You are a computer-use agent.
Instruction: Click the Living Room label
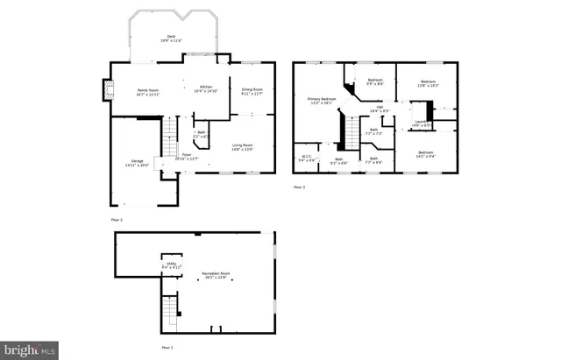point(242,147)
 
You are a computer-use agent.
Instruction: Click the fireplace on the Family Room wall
point(108,89)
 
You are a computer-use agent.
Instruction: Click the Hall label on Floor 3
point(379,109)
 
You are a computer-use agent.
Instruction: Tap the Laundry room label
point(422,124)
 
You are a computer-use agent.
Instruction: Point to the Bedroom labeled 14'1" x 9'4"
point(425,155)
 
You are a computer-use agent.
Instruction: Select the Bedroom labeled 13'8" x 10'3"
point(426,84)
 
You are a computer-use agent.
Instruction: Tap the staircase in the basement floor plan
point(170,311)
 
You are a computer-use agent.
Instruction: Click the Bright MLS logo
point(29,350)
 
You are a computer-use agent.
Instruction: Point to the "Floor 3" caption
point(299,187)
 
